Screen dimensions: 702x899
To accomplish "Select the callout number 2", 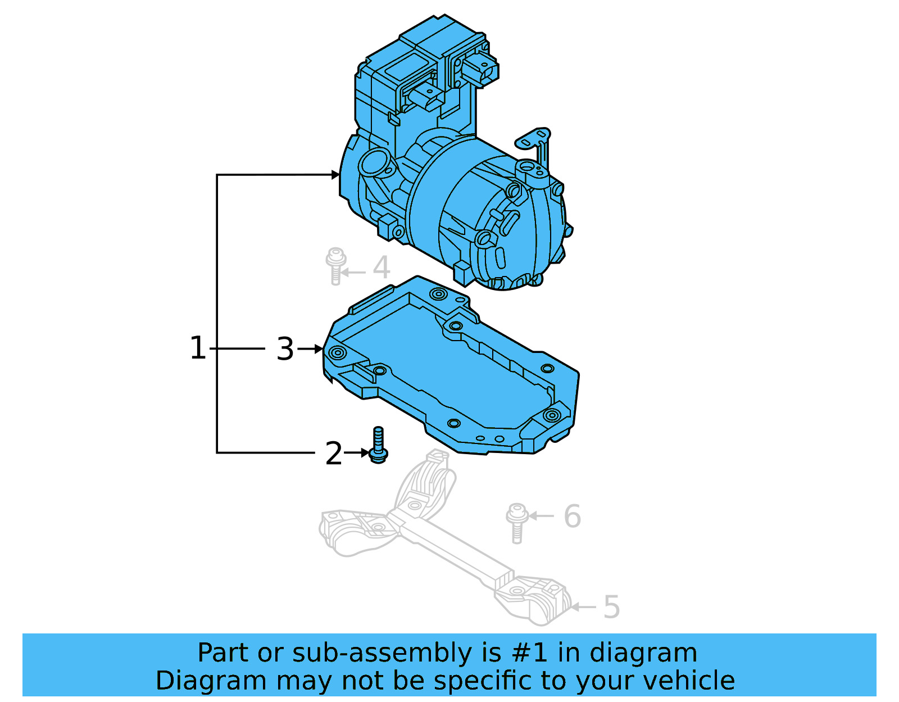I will pos(334,453).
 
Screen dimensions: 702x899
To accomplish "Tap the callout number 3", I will pos(285,349).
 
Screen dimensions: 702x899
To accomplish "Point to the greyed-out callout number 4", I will pos(382,268).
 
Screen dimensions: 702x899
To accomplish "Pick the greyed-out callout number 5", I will pos(611,607).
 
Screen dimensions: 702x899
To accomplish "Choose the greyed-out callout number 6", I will pos(572,516).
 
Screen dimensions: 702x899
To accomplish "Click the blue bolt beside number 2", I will pos(378,445).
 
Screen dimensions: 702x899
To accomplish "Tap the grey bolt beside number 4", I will pos(335,266).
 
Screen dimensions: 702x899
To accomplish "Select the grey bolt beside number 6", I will pos(516,522).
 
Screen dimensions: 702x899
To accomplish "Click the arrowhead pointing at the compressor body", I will pos(335,175).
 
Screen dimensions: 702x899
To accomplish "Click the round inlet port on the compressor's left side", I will pos(373,164).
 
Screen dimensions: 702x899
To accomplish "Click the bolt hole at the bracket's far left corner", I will pos(338,353).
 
